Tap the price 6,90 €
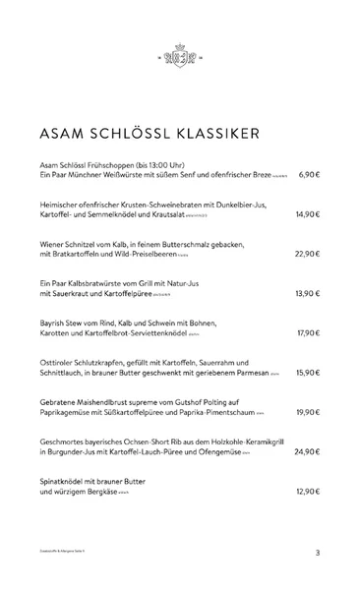[x=309, y=174]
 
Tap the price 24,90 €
[x=307, y=451]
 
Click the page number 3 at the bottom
[x=318, y=553]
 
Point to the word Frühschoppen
[x=116, y=163]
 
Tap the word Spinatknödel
[x=66, y=480]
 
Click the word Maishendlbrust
[x=109, y=401]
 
